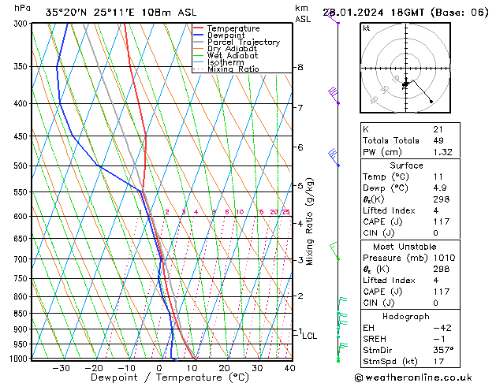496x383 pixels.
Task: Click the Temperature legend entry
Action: coord(233,28)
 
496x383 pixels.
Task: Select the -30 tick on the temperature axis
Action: coord(61,368)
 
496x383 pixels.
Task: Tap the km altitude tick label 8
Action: coord(300,68)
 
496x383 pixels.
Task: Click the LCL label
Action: coord(309,336)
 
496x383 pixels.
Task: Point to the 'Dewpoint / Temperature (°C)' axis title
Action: coord(159,377)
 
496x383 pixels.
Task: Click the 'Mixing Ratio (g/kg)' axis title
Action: coord(310,221)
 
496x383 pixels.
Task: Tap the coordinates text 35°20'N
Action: coord(64,12)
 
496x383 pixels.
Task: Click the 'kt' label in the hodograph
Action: coord(366,28)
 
